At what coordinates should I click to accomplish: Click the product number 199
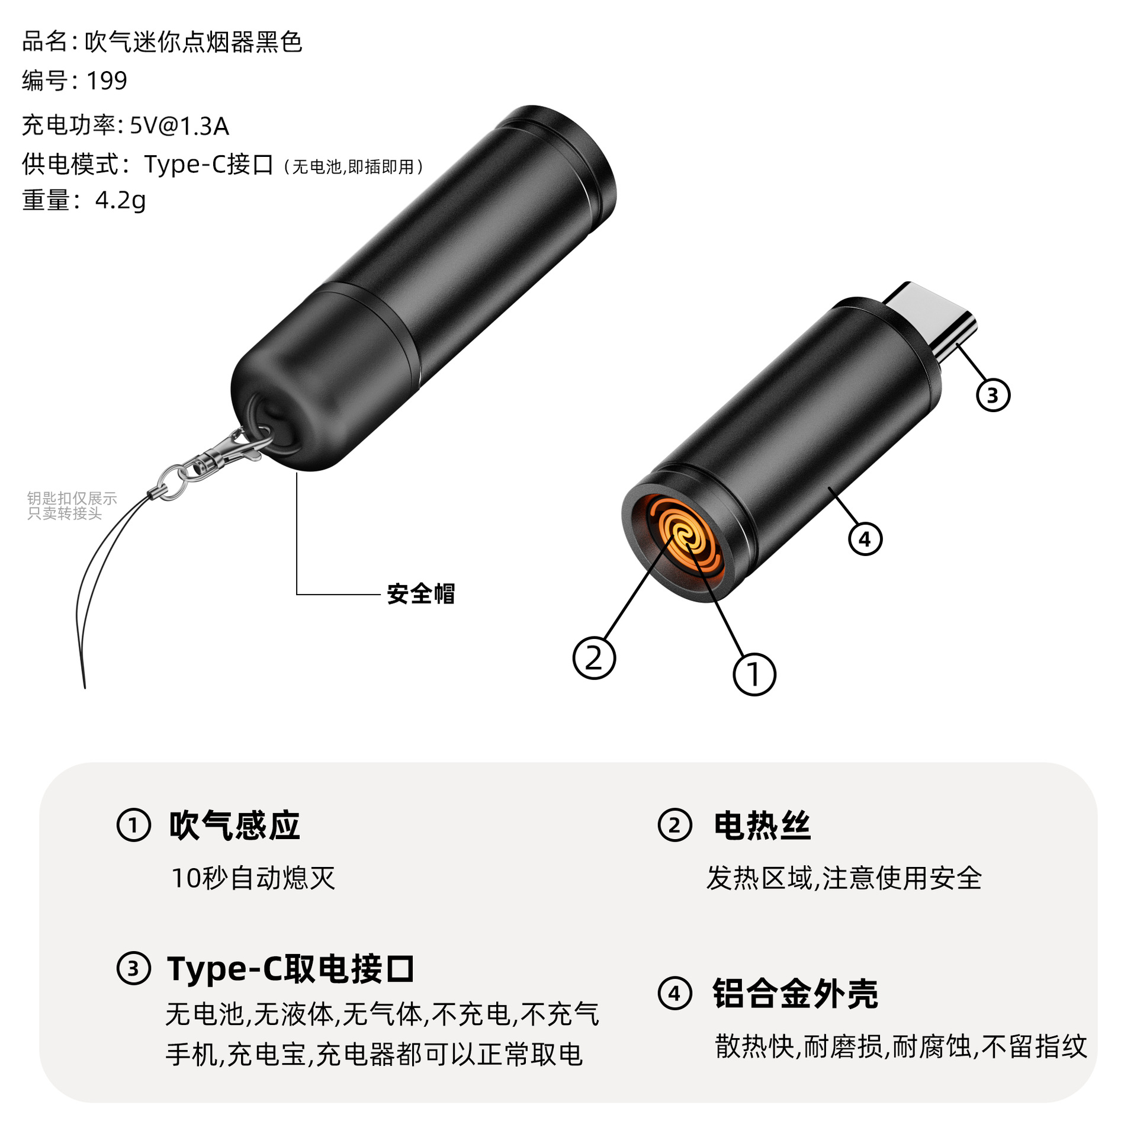(107, 81)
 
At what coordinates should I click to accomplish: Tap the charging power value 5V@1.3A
(179, 126)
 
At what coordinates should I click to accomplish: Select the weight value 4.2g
(120, 201)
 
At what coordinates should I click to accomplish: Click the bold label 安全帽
(420, 593)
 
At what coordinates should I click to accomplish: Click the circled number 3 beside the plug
(993, 395)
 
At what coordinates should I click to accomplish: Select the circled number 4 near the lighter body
(865, 539)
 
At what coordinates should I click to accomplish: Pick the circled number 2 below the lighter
(594, 658)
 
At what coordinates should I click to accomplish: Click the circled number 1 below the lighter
(754, 674)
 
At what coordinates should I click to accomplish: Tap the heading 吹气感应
(235, 826)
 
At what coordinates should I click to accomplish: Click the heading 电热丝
(762, 826)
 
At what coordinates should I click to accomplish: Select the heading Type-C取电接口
(290, 969)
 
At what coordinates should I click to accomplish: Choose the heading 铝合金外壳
(795, 993)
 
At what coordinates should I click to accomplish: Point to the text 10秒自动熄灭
(253, 878)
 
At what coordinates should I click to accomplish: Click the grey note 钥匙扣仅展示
(72, 499)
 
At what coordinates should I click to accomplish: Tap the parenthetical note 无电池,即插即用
(354, 167)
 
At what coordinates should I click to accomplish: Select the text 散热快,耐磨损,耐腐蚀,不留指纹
(901, 1046)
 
